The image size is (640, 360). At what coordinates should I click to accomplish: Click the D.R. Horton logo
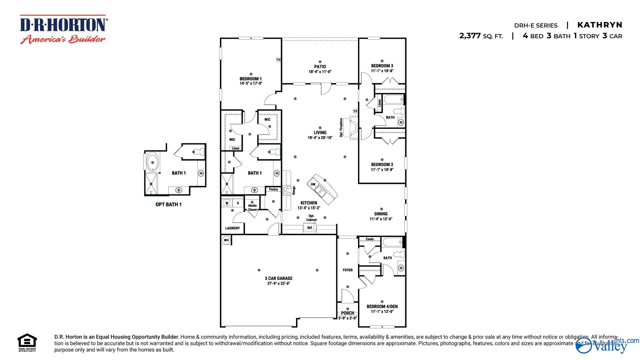63,29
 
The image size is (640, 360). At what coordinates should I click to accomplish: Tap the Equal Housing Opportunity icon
27,342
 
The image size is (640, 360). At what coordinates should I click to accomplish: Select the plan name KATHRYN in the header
600,25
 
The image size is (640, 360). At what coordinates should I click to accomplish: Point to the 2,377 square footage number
470,36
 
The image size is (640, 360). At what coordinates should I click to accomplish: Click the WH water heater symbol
226,240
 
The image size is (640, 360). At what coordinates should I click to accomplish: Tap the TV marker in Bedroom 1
278,60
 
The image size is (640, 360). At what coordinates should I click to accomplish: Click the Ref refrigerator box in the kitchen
310,228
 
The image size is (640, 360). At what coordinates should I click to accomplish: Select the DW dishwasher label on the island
313,184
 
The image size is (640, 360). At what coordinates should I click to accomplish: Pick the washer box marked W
227,203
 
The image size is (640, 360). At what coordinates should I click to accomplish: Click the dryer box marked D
238,203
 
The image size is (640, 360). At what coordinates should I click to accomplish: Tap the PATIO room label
320,67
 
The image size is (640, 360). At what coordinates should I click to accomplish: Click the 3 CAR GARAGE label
279,278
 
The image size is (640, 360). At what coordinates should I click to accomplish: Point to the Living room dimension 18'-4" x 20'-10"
320,138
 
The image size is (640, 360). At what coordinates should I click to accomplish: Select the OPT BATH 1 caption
168,204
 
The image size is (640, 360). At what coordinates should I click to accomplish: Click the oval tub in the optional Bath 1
153,162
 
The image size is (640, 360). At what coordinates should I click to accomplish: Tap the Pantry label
273,189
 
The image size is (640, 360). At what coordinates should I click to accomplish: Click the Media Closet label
252,208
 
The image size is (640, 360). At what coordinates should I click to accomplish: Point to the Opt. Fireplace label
341,127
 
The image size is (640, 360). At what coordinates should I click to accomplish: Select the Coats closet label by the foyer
370,239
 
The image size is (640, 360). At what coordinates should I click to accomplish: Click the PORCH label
348,313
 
